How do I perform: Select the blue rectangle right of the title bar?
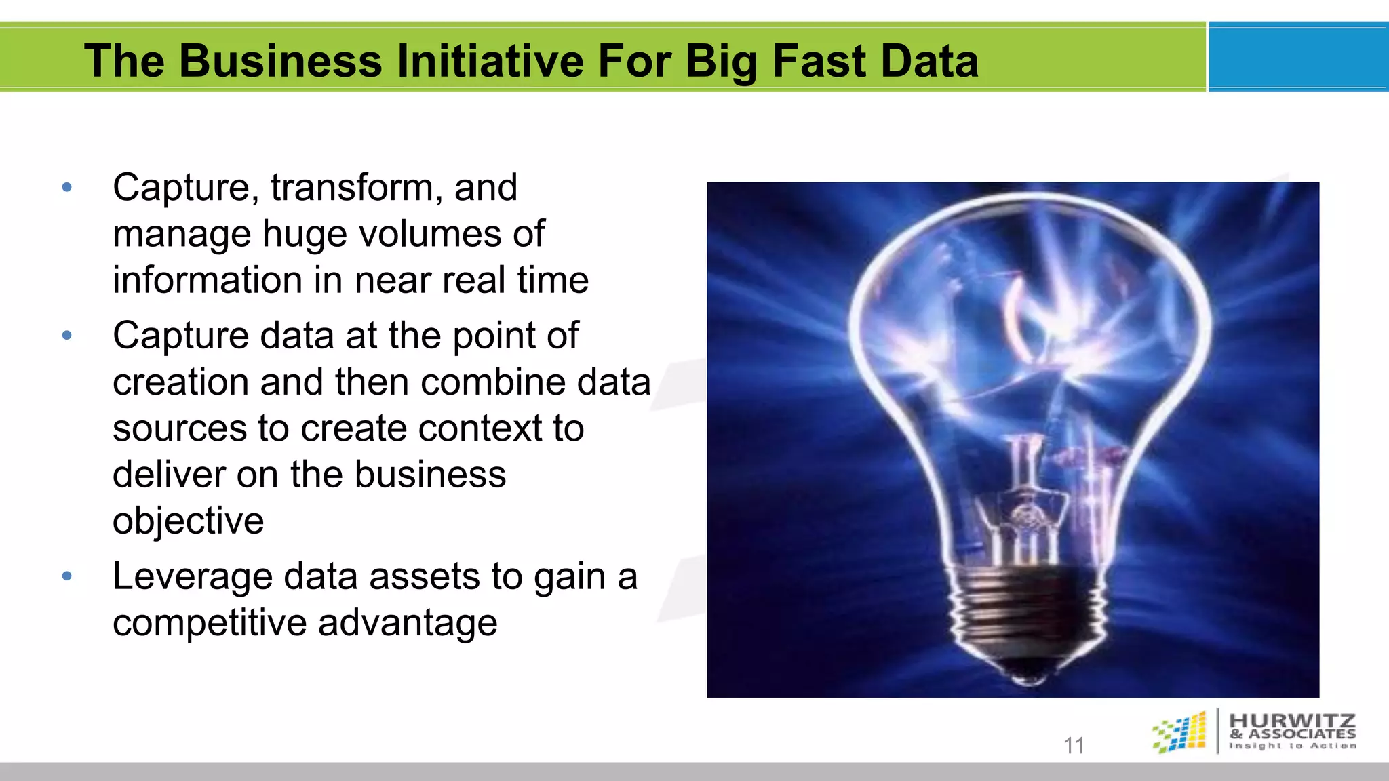pyautogui.click(x=1298, y=57)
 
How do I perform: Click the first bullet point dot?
pyautogui.click(x=66, y=188)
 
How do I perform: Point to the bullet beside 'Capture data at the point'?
pyautogui.click(x=66, y=336)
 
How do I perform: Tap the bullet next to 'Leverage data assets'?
pyautogui.click(x=66, y=577)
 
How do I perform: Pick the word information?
pyautogui.click(x=207, y=280)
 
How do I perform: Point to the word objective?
pyautogui.click(x=188, y=521)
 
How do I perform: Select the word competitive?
pyautogui.click(x=209, y=623)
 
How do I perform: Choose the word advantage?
pyautogui.click(x=407, y=623)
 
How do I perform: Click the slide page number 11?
pyautogui.click(x=1074, y=746)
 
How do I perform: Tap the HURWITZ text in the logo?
pyautogui.click(x=1292, y=720)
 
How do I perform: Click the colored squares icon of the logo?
pyautogui.click(x=1180, y=732)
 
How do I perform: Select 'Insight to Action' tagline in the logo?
pyautogui.click(x=1292, y=746)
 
